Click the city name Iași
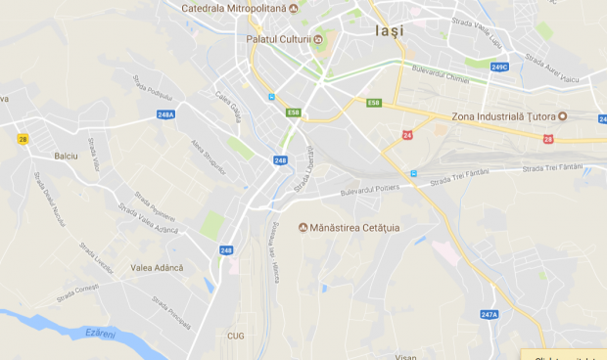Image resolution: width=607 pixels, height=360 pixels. (x=389, y=30)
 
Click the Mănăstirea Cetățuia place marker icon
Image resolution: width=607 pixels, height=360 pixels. (x=303, y=228)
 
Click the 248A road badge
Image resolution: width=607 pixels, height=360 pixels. (x=165, y=114)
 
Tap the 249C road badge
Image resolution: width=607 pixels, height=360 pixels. (x=499, y=67)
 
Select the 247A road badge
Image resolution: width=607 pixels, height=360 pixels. (x=490, y=314)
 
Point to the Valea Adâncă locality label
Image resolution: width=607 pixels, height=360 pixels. (x=157, y=267)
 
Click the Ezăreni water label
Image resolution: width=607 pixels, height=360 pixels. (x=102, y=335)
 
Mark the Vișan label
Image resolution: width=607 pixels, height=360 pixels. (x=405, y=355)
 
